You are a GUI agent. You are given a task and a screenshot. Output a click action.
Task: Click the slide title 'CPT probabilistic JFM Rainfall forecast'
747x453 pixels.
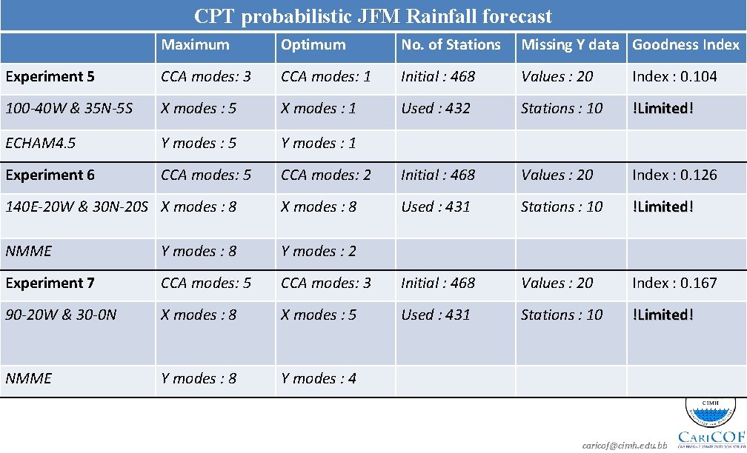373,16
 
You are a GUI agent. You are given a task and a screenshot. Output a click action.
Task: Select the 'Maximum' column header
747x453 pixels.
196,44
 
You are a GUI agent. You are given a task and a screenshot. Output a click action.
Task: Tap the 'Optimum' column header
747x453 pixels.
313,44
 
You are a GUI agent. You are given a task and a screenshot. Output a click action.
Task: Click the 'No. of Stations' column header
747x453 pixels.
451,44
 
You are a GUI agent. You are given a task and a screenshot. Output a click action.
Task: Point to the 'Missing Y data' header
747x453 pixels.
570,44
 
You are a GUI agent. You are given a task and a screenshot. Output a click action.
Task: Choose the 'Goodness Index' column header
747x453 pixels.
685,44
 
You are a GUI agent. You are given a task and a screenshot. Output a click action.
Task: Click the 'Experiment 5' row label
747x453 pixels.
44,76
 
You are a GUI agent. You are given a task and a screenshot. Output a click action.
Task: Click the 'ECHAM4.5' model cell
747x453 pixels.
40,143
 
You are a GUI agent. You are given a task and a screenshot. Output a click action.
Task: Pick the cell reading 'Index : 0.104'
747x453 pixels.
674,76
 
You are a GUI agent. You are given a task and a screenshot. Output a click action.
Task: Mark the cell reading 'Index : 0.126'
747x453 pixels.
674,175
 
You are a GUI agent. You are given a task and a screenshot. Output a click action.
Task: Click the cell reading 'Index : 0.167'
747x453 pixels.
674,283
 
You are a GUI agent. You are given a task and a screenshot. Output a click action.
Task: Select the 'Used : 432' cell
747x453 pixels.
436,108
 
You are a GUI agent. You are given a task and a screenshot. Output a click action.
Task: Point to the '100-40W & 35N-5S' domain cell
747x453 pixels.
69,108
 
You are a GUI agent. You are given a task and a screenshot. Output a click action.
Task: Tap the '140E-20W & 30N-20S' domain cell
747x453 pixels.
78,207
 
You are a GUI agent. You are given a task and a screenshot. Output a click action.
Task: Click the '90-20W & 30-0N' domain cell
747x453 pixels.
61,315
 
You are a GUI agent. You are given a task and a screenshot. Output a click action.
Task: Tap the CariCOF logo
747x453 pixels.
710,426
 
